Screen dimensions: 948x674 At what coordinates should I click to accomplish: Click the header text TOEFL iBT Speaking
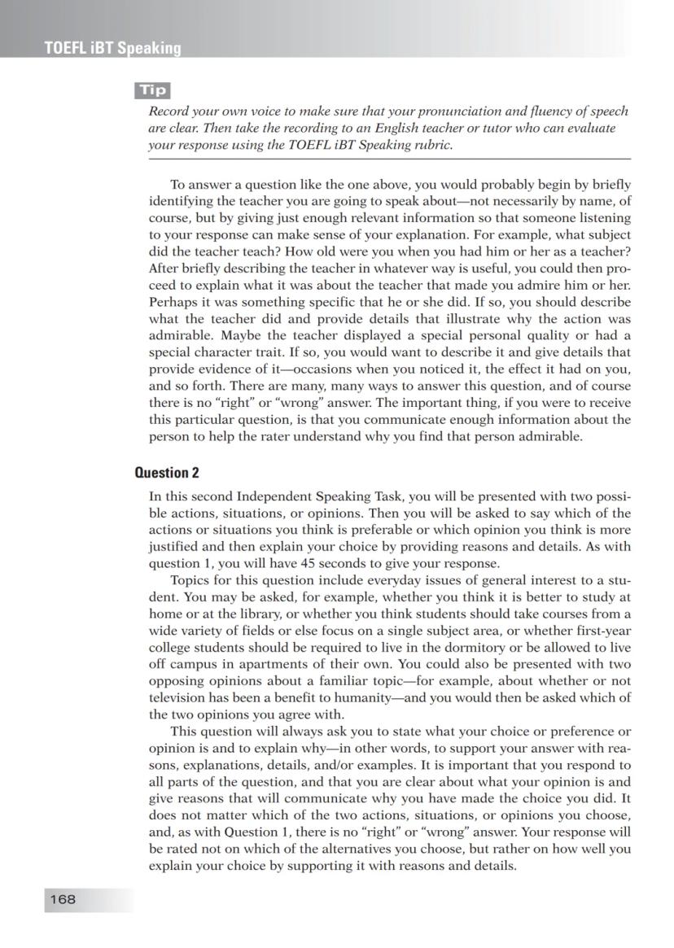pos(113,48)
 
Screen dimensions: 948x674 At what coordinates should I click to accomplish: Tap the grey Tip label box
pos(153,90)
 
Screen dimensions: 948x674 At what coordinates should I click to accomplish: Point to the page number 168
pos(62,898)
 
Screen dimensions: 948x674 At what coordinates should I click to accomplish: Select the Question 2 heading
pos(167,473)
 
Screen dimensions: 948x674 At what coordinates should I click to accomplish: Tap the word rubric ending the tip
pos(429,146)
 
